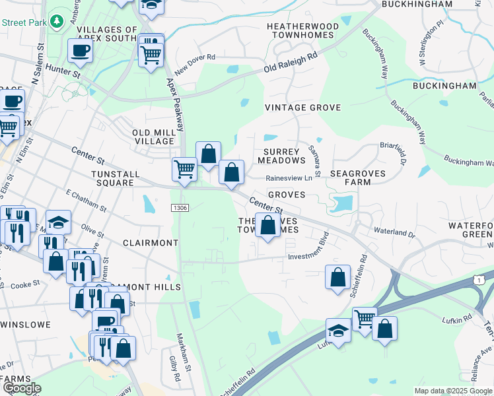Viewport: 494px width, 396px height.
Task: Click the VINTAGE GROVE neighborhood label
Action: [x=302, y=108]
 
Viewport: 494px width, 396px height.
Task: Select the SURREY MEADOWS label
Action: [x=281, y=155]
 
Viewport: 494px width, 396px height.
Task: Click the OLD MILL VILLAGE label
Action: [x=154, y=136]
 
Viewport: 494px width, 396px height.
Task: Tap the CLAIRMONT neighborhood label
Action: [x=151, y=243]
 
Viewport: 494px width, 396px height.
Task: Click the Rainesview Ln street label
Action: [x=289, y=178]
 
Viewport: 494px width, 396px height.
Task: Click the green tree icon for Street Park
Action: [x=57, y=21]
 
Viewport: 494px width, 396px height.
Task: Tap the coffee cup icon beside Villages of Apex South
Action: [x=80, y=50]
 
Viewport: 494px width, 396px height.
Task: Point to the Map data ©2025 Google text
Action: [x=453, y=391]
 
